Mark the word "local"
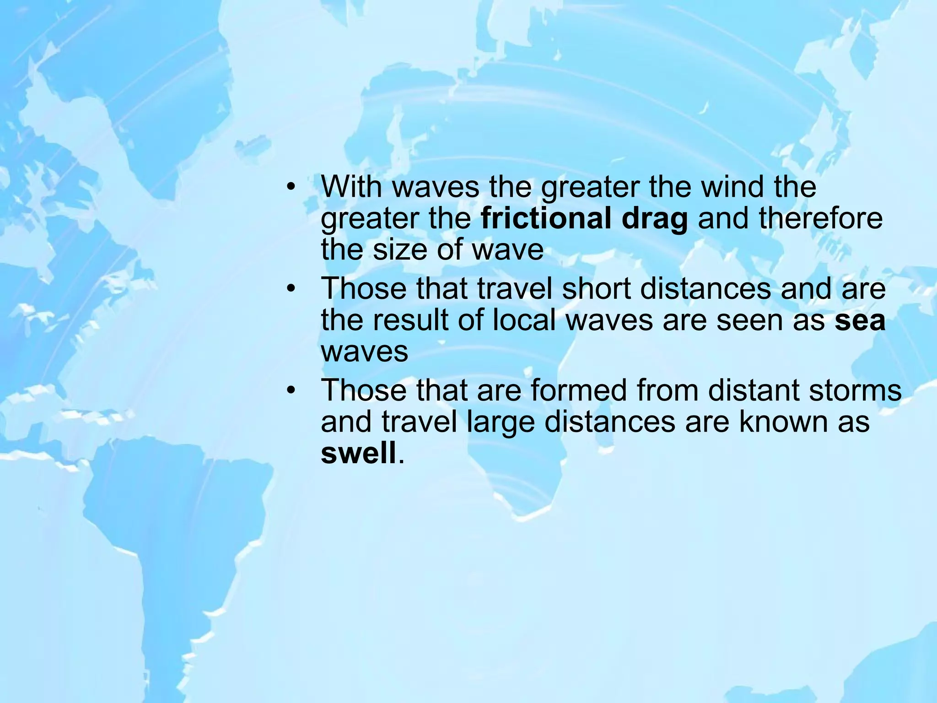(x=525, y=320)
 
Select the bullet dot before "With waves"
(x=291, y=188)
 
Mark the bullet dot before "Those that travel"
(x=291, y=290)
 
